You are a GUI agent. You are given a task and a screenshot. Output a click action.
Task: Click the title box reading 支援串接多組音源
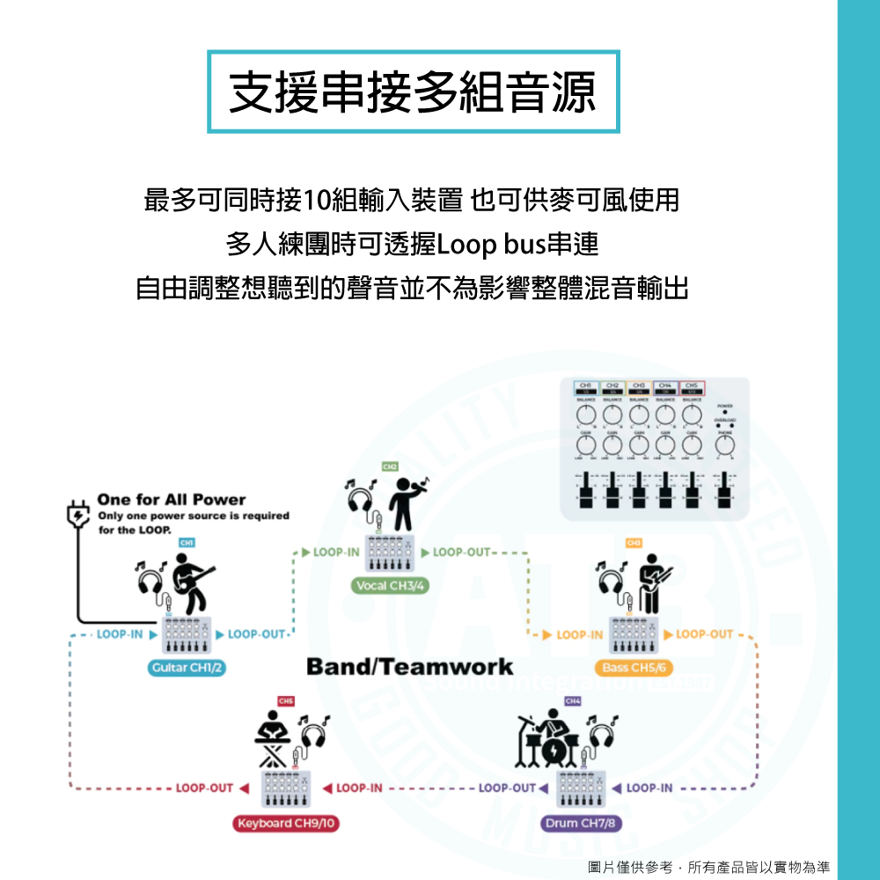click(413, 92)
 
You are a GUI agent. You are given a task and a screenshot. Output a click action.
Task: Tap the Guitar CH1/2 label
click(187, 668)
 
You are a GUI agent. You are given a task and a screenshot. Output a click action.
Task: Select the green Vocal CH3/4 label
click(389, 585)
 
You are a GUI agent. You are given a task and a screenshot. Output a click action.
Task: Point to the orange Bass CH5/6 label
click(634, 668)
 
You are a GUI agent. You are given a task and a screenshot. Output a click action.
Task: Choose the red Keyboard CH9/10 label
click(287, 824)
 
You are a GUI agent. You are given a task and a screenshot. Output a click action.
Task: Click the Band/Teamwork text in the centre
click(409, 666)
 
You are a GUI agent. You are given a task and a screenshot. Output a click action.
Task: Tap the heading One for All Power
click(172, 500)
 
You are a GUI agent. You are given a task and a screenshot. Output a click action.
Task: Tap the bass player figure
click(652, 583)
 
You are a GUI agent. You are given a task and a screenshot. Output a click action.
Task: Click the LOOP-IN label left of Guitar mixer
click(121, 634)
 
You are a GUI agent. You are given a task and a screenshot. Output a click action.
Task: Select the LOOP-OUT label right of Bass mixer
click(705, 634)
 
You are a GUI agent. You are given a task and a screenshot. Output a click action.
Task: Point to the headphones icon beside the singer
click(361, 505)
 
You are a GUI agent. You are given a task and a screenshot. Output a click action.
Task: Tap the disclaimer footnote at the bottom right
click(709, 868)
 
